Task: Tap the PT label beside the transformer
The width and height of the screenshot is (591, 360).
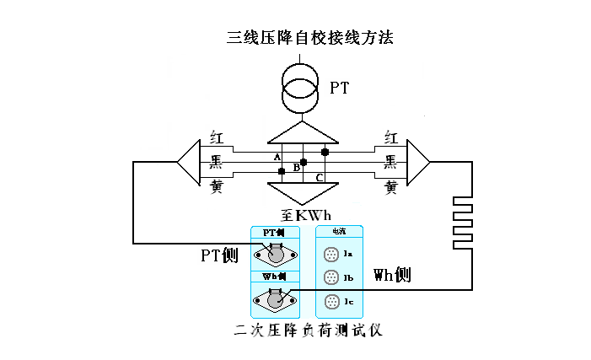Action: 340,88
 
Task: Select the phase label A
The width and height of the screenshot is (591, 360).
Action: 277,158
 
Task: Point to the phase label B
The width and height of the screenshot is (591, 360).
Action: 296,168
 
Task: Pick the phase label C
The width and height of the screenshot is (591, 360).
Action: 318,178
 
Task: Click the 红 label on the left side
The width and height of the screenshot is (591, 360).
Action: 217,137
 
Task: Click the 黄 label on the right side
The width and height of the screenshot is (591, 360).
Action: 390,187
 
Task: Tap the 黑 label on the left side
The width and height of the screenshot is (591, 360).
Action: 217,161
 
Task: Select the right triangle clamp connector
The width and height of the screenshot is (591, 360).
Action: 418,161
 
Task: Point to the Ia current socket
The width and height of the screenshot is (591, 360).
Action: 330,253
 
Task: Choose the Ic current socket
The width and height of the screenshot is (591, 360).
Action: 330,301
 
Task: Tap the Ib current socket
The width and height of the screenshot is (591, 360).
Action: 330,277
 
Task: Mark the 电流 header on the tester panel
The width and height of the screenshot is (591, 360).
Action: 338,230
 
